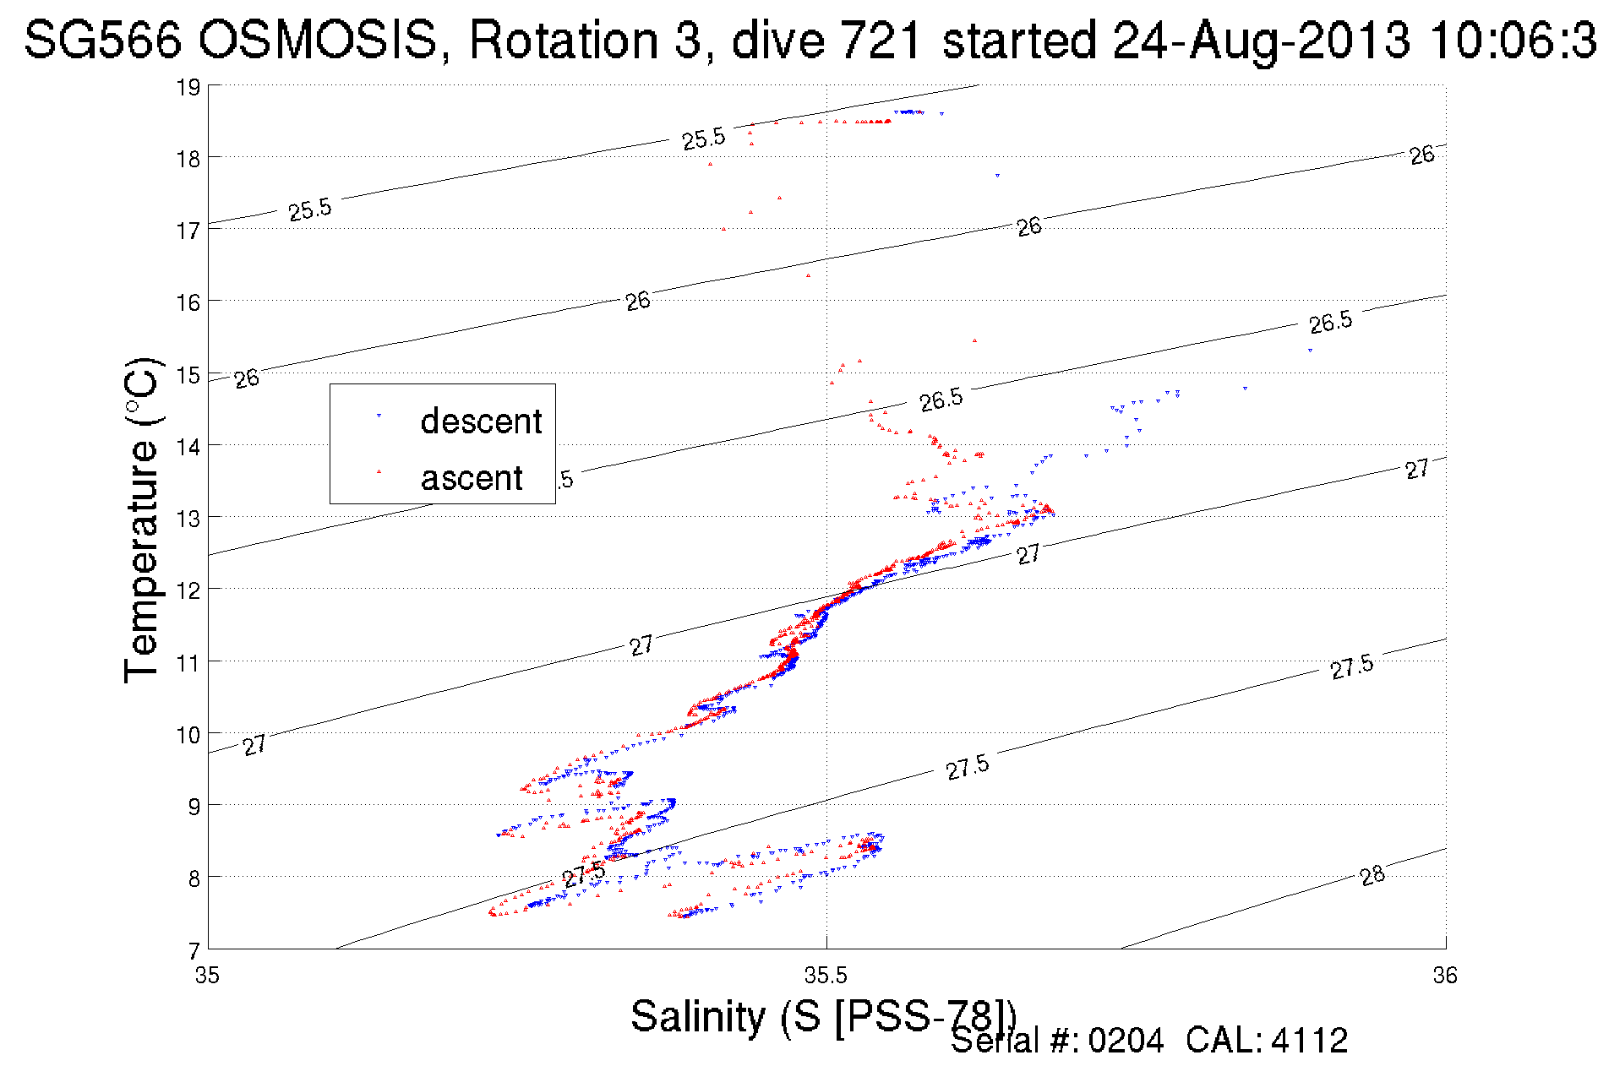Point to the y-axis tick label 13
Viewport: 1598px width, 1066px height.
(188, 518)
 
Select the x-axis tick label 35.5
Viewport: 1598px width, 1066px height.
(825, 976)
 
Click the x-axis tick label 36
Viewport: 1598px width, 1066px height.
(1445, 976)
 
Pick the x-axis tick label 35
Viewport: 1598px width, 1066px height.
(207, 976)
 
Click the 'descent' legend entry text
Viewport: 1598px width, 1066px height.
(481, 421)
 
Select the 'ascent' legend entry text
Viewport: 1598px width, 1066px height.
(472, 478)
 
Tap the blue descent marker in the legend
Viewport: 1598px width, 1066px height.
(379, 416)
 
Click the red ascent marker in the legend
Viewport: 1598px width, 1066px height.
(379, 471)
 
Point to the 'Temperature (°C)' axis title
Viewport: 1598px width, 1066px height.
(141, 519)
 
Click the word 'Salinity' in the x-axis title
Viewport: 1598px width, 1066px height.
(698, 1015)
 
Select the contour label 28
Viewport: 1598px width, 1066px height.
(1372, 876)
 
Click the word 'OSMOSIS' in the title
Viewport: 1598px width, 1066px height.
(319, 41)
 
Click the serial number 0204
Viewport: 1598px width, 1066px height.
(1126, 1041)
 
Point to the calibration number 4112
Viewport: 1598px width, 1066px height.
(1309, 1041)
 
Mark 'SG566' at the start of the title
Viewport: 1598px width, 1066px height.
(102, 41)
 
